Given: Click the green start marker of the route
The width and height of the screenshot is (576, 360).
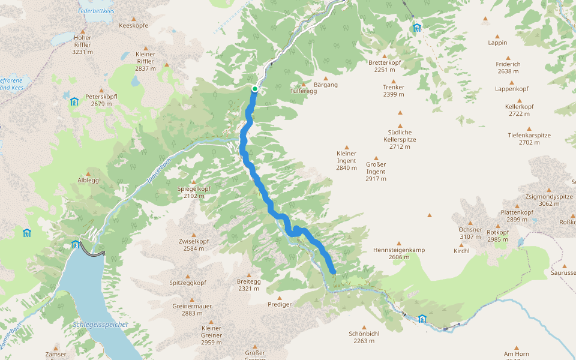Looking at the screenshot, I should [x=255, y=89].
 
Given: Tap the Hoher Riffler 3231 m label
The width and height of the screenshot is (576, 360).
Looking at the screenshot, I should [x=82, y=44].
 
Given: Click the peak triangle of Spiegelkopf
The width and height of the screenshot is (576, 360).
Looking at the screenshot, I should [x=193, y=182].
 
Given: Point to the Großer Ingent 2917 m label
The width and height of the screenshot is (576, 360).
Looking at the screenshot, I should [x=376, y=171].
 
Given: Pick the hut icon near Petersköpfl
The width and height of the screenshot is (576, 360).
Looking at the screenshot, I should [x=74, y=101].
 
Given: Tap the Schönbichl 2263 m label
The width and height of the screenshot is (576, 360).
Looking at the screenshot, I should [x=364, y=337].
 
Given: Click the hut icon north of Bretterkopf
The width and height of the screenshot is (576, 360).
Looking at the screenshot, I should [x=416, y=28].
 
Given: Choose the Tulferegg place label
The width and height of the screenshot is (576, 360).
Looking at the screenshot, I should [x=302, y=91].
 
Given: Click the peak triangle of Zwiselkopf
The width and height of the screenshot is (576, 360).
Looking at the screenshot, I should [x=193, y=235].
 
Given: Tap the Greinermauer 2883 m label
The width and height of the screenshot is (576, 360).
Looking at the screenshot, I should [x=192, y=309].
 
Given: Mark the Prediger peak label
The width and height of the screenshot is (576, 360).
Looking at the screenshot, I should [x=280, y=304].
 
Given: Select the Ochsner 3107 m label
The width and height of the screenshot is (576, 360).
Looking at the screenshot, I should [x=470, y=233].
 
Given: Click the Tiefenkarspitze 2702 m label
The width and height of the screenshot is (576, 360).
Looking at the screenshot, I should [x=529, y=139].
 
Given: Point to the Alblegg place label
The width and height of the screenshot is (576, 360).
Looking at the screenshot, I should [x=88, y=180].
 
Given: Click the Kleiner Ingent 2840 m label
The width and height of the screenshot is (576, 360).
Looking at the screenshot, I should [x=346, y=160].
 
